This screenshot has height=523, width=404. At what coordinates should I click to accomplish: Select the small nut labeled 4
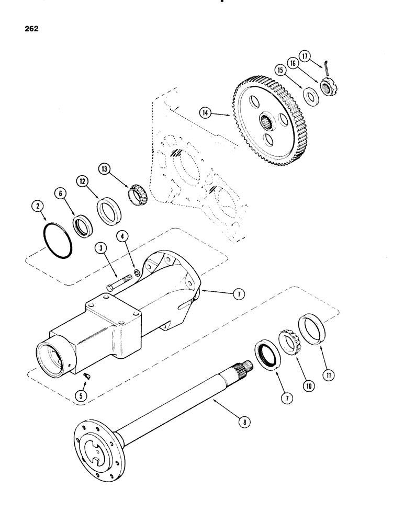click(x=135, y=272)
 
